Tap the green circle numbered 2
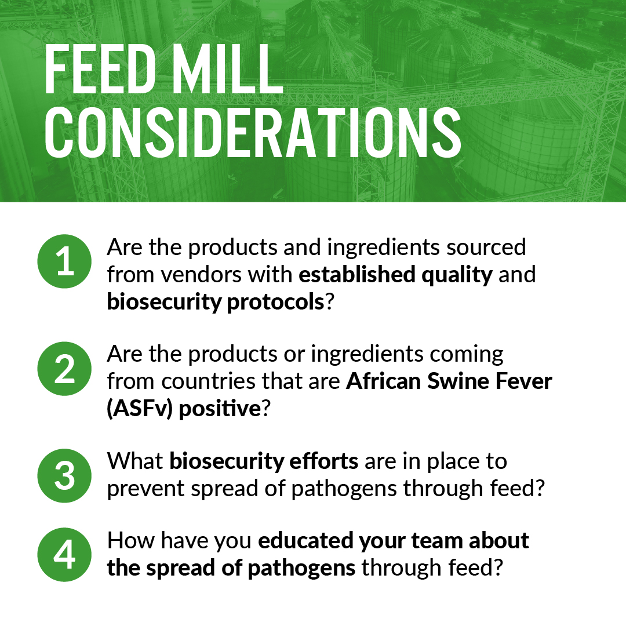point(64,368)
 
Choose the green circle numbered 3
point(64,475)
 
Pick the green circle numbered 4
point(64,555)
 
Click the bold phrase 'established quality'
point(395,274)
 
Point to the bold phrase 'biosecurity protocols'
point(215,301)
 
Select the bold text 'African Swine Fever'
point(449,382)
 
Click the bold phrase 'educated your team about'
point(394,540)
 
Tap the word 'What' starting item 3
point(135,461)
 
